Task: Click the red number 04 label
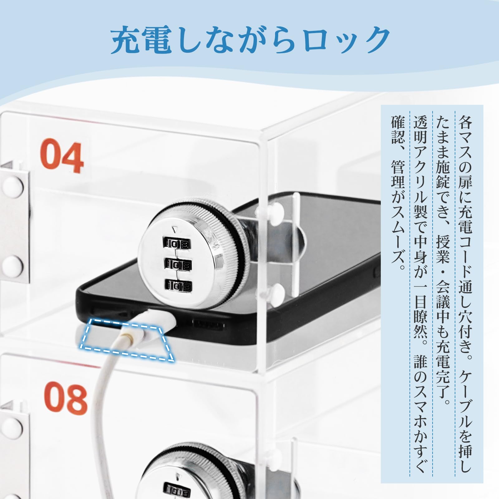[62, 157]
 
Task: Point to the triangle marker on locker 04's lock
[174, 230]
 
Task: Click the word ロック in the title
[346, 40]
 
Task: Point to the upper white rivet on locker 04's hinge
[13, 187]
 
